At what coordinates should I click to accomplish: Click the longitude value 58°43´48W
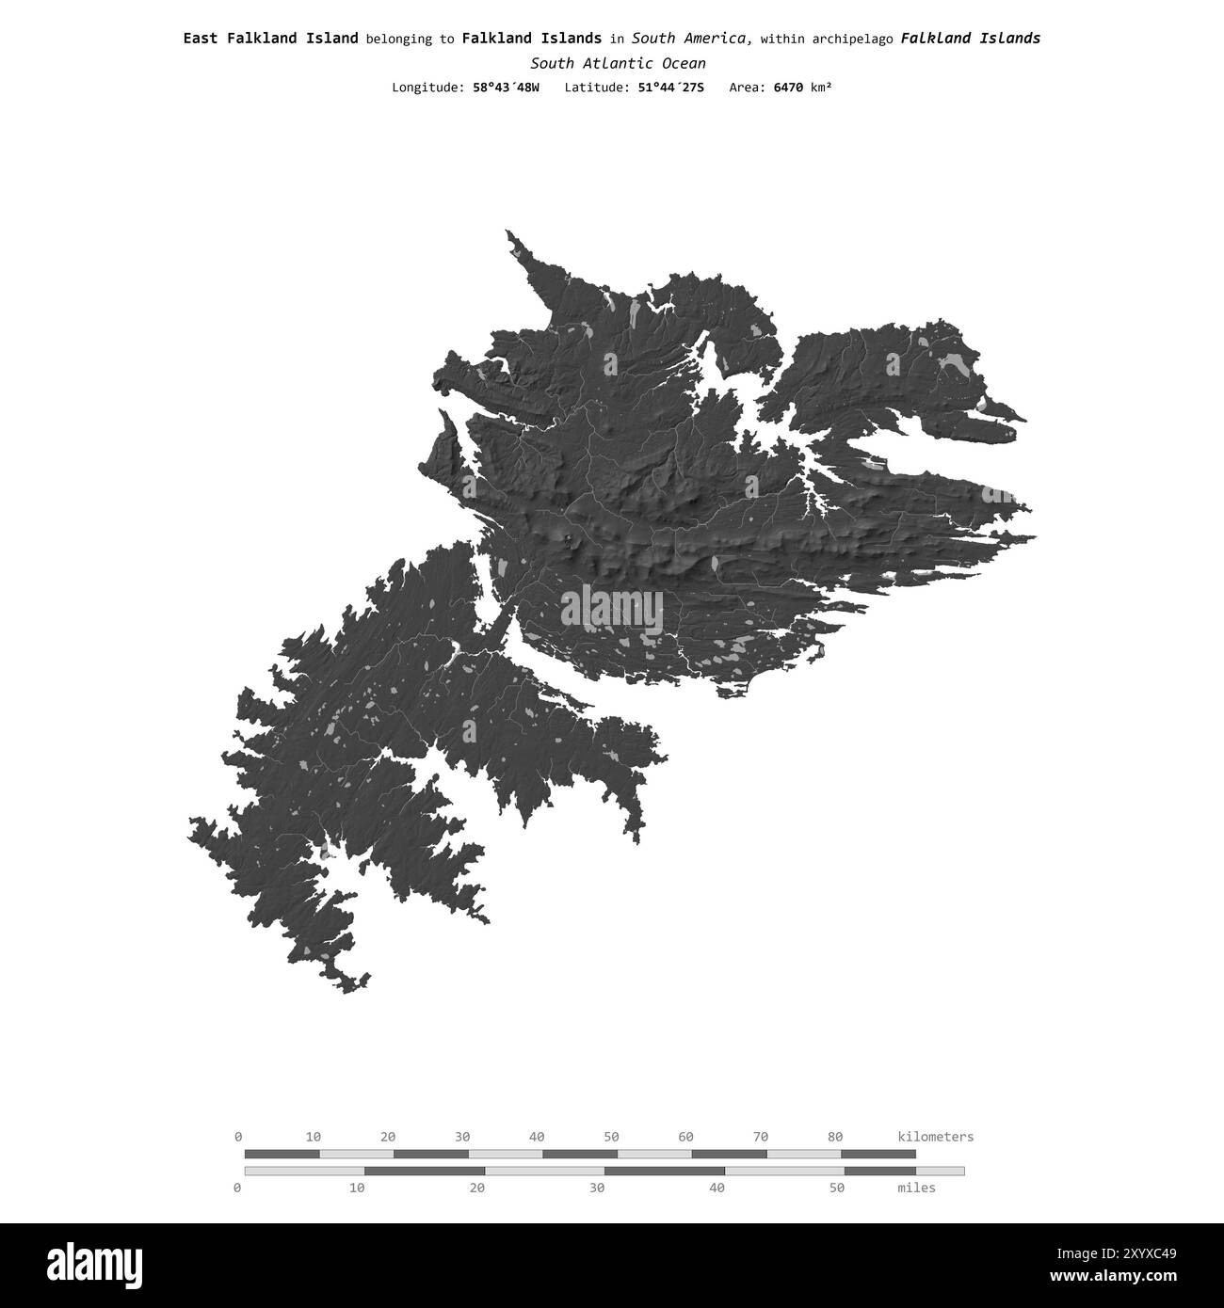[506, 88]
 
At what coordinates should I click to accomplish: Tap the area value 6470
[789, 88]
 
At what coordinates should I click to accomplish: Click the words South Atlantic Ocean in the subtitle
[618, 63]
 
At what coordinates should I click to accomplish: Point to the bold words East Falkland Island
[270, 39]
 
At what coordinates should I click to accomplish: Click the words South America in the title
[691, 39]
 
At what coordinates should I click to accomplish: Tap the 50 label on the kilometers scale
[611, 1137]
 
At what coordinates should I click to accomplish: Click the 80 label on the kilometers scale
[835, 1137]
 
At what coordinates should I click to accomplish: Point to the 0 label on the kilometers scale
[238, 1137]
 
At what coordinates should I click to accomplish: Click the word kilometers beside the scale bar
[936, 1137]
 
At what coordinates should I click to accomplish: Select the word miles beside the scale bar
[916, 1188]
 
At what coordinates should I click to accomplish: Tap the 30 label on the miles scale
[597, 1188]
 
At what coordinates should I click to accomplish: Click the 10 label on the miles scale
[357, 1188]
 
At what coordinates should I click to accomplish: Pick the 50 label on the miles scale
[837, 1188]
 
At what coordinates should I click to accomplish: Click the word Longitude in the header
[427, 88]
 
